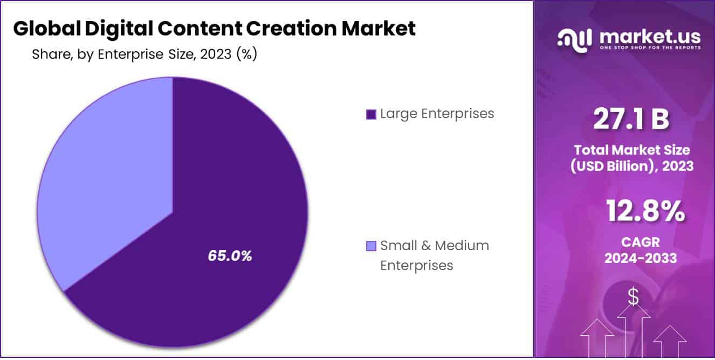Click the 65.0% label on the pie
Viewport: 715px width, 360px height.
[230, 256]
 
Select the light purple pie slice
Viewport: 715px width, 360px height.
[108, 178]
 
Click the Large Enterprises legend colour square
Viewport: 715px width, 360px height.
[370, 114]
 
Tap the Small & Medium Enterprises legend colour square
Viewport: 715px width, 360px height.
[370, 246]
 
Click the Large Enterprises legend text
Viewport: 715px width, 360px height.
[437, 114]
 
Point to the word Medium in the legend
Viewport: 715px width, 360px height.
[462, 246]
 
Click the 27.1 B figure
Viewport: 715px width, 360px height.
[630, 120]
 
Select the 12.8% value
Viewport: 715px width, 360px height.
[645, 211]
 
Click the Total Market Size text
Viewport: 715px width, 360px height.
[631, 150]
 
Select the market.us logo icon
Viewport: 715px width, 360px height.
[575, 39]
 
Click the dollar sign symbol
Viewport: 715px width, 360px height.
[633, 296]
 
